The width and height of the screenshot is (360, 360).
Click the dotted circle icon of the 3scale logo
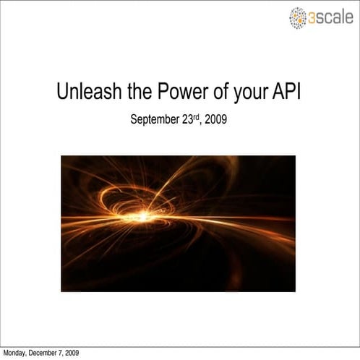point(298,17)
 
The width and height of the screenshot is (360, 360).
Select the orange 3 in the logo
point(312,17)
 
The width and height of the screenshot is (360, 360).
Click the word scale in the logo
point(335,17)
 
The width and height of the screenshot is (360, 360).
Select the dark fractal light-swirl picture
point(178,223)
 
